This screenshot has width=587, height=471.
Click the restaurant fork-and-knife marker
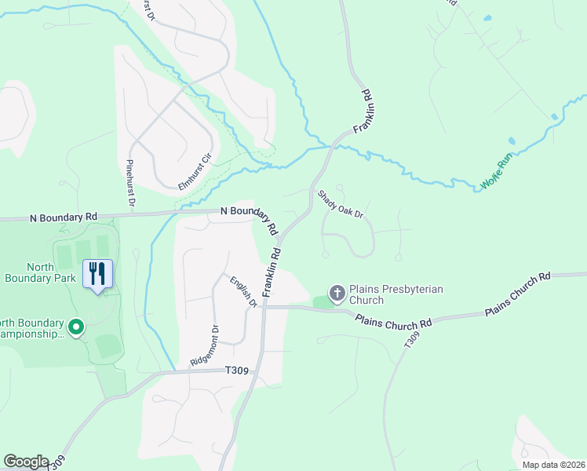click(97, 274)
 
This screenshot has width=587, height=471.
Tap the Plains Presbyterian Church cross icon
click(337, 294)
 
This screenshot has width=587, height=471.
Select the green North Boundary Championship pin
click(76, 326)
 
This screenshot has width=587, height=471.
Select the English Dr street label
click(244, 291)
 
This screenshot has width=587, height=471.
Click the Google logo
click(26, 462)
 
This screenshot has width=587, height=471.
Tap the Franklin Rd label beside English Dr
click(272, 273)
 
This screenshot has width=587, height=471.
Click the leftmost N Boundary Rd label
click(64, 216)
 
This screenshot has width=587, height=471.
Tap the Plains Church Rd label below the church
click(394, 322)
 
